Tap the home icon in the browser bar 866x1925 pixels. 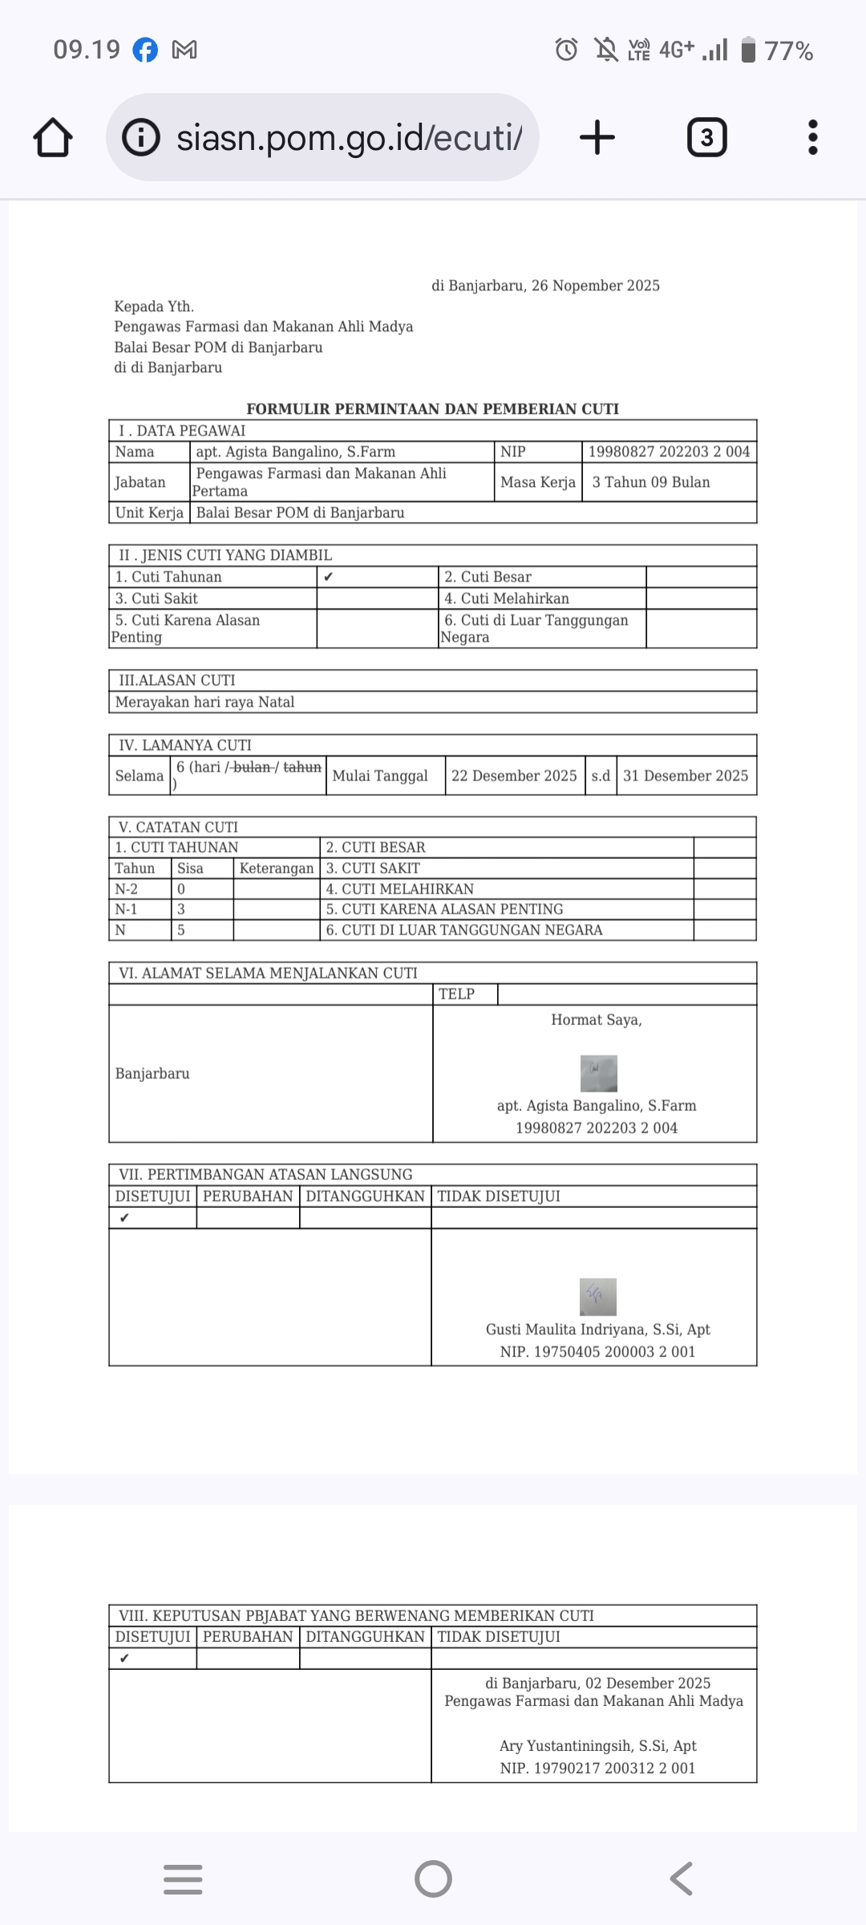click(x=53, y=137)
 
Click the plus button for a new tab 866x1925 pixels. click(x=597, y=137)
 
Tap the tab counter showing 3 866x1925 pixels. click(x=707, y=138)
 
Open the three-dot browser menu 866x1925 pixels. click(x=812, y=137)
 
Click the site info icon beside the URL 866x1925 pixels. click(x=141, y=137)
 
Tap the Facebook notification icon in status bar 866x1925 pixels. click(x=145, y=50)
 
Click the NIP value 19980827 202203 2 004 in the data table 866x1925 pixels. click(x=669, y=452)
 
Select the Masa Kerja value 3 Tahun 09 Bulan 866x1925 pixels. click(x=651, y=482)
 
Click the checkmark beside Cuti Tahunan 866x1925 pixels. click(x=329, y=577)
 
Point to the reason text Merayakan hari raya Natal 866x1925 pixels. click(x=205, y=702)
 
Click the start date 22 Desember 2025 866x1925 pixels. click(x=514, y=776)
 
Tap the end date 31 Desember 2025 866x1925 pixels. click(x=686, y=776)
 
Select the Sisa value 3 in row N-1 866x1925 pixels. click(x=181, y=909)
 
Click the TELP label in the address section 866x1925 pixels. click(x=456, y=994)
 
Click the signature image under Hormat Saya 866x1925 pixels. click(x=598, y=1073)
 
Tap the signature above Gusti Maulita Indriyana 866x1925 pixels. click(x=598, y=1296)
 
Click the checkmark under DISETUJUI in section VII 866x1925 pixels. click(x=124, y=1218)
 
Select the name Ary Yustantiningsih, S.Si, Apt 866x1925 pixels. click(x=597, y=1745)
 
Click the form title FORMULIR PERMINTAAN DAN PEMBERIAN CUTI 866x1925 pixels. click(x=433, y=409)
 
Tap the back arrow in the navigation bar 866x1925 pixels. click(x=682, y=1878)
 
